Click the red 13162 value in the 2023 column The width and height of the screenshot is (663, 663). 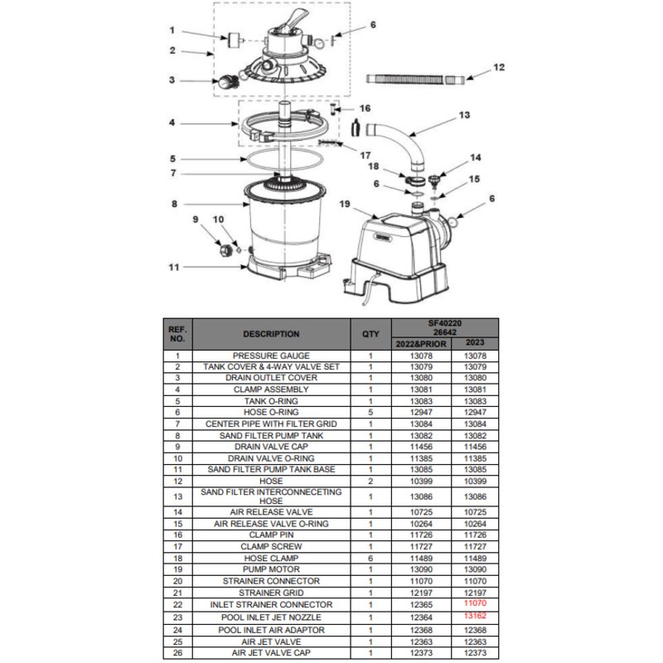475,616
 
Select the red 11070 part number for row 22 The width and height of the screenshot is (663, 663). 475,603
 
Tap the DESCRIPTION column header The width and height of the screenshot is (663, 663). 271,334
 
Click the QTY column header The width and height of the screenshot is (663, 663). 370,334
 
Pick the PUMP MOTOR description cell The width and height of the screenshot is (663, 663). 271,569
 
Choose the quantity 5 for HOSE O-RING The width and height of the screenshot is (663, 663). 370,412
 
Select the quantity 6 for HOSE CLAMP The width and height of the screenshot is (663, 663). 370,558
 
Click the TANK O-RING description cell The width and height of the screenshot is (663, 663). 271,401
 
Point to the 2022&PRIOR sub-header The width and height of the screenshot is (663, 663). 421,344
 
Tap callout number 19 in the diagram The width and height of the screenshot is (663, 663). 345,204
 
